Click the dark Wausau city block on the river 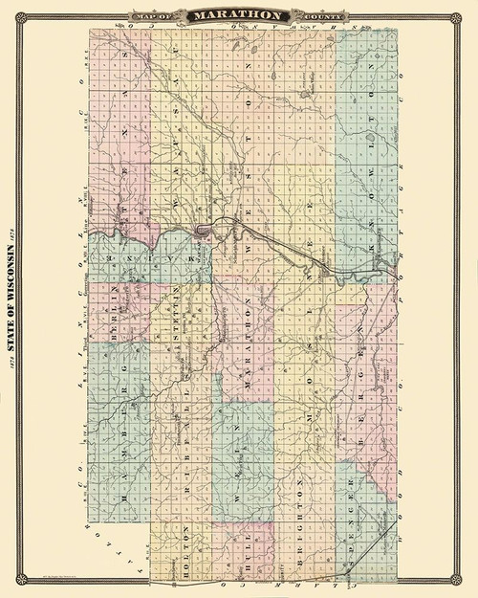point(202,232)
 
